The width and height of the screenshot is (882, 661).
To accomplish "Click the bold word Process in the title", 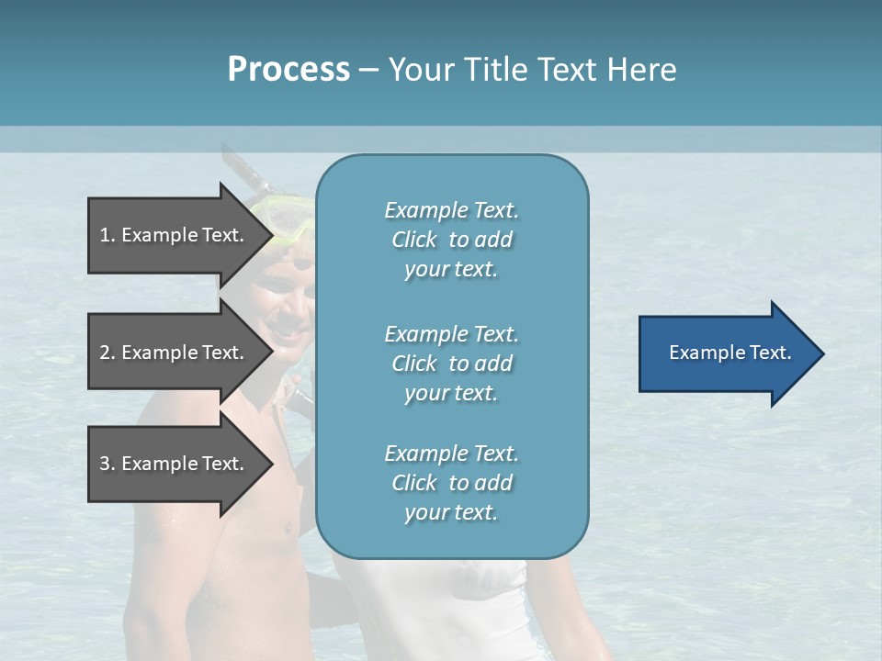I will [288, 69].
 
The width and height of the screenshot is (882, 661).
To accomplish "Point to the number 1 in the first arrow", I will [105, 235].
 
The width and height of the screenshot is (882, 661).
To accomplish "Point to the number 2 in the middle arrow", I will [105, 353].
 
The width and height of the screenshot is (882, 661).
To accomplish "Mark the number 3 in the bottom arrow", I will [105, 464].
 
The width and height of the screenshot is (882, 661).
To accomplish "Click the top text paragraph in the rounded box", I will [451, 240].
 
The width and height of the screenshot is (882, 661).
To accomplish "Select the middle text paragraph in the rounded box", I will [451, 364].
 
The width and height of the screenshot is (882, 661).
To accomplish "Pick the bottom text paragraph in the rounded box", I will [451, 483].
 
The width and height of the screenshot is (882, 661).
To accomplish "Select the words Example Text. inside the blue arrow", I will [729, 353].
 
